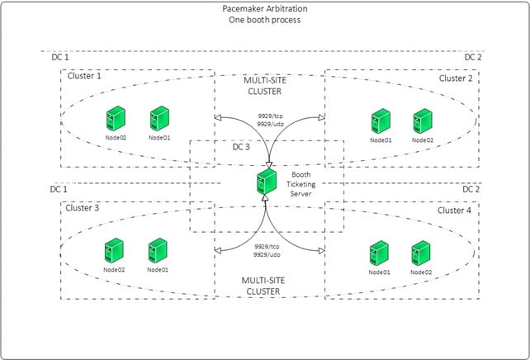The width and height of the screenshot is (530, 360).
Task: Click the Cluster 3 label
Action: [x=83, y=208]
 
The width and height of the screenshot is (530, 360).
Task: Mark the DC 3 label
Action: [x=241, y=147]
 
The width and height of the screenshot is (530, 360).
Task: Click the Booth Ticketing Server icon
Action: [x=266, y=179]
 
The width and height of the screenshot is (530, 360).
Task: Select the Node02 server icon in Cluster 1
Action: [x=115, y=120]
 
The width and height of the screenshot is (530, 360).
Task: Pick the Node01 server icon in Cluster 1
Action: [x=159, y=119]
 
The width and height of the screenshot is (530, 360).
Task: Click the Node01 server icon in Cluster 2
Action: [x=380, y=122]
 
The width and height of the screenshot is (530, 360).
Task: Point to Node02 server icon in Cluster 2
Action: [x=422, y=122]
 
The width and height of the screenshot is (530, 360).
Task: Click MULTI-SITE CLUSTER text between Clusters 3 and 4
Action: [x=265, y=286]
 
